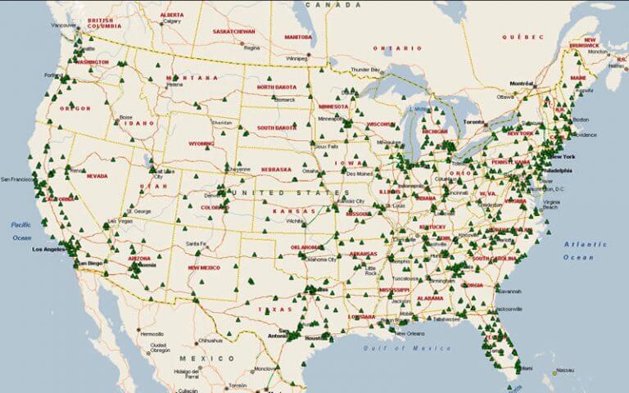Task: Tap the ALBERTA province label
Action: pyautogui.click(x=172, y=15)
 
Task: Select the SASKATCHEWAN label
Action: pyautogui.click(x=234, y=32)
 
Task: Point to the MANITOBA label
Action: pyautogui.click(x=298, y=37)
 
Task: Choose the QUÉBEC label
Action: pyautogui.click(x=523, y=37)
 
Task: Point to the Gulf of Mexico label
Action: pyautogui.click(x=408, y=348)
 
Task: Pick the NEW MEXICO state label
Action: pyautogui.click(x=205, y=268)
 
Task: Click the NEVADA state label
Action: pyautogui.click(x=97, y=175)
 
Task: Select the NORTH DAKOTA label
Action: pyautogui.click(x=276, y=87)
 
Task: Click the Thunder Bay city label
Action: pyautogui.click(x=366, y=70)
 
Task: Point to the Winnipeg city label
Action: pyautogui.click(x=296, y=59)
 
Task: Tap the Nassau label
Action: pyautogui.click(x=563, y=370)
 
